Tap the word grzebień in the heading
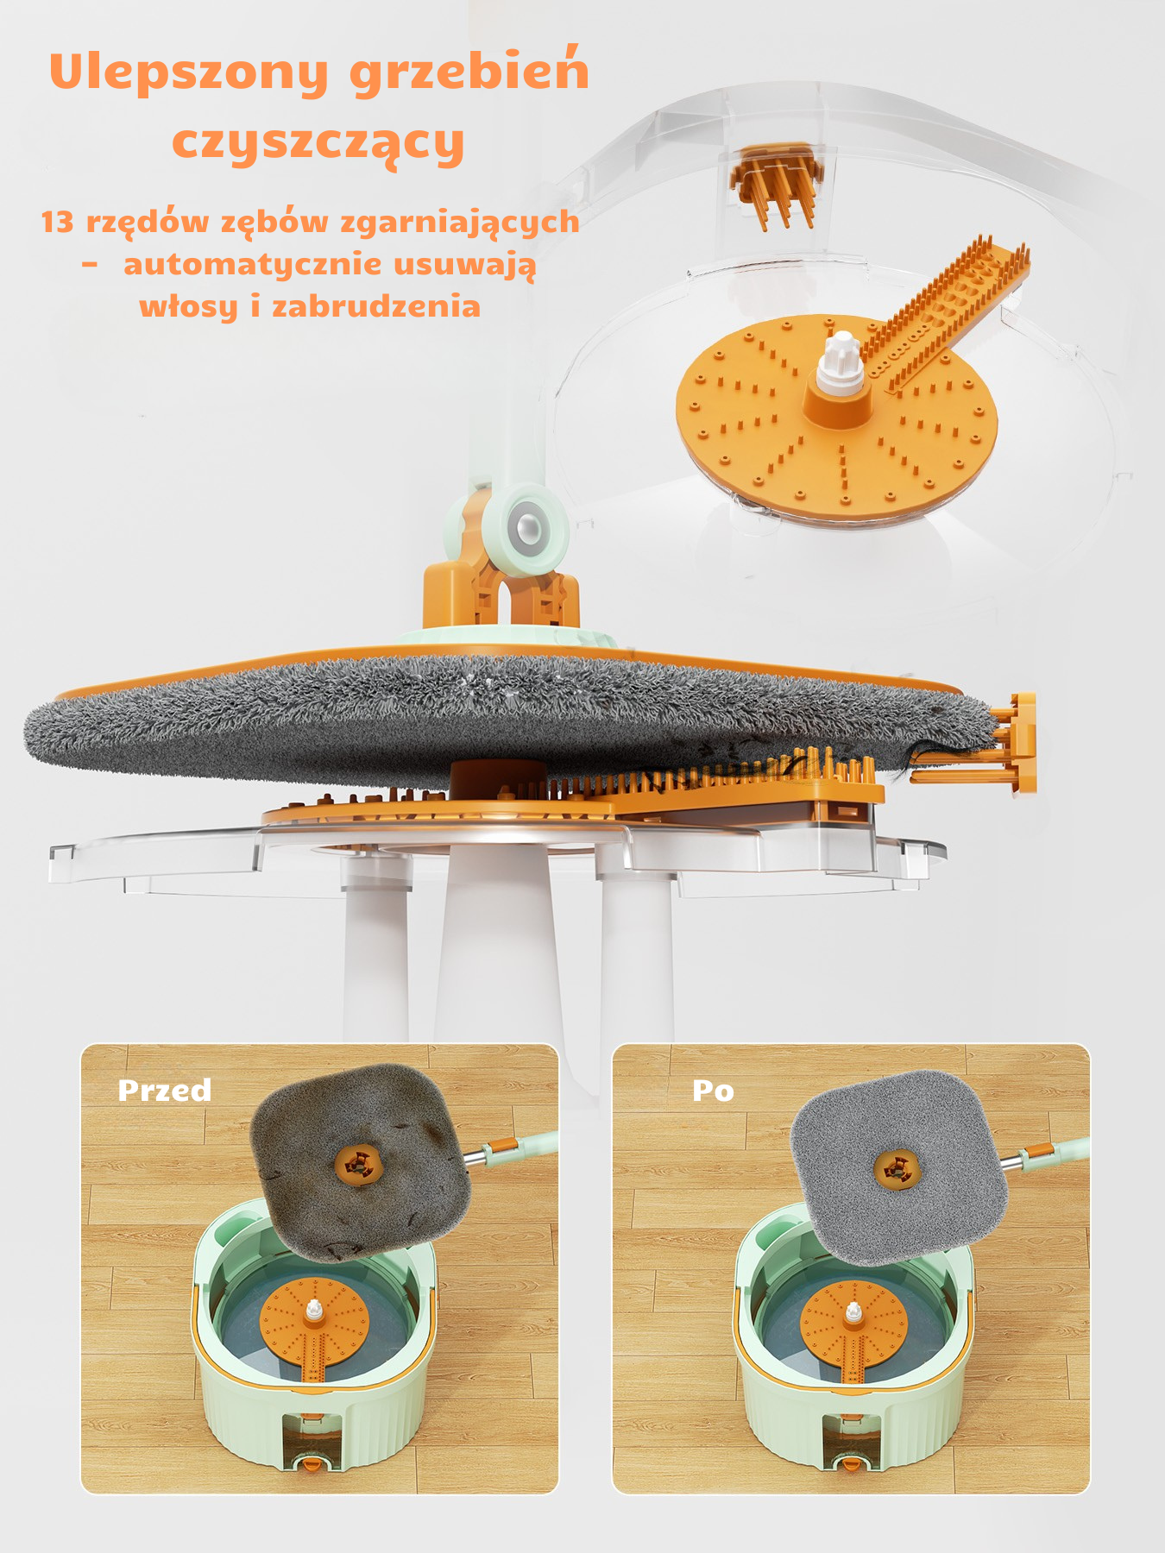click(469, 71)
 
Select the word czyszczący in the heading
click(318, 143)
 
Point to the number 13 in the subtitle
click(58, 222)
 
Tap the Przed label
click(165, 1091)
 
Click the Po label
click(713, 1091)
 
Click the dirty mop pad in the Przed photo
click(360, 1161)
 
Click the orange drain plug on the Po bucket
click(850, 1462)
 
